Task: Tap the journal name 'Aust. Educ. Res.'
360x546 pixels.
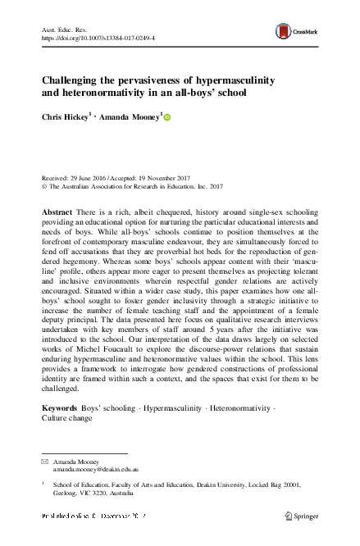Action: click(65, 29)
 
